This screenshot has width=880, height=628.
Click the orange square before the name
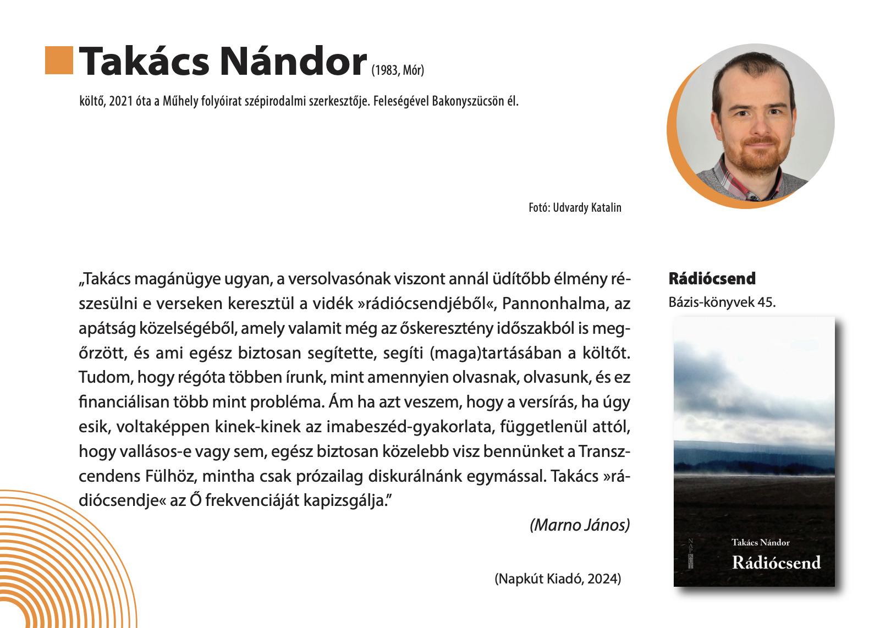tap(59, 60)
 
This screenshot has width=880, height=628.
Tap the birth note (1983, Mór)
tap(398, 70)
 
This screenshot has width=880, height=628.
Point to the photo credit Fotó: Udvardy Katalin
tap(575, 208)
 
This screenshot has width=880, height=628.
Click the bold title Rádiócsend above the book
tap(712, 279)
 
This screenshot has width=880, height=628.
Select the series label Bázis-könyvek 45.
tap(722, 302)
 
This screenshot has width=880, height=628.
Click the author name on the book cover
tap(760, 543)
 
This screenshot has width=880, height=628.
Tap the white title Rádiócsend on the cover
tap(776, 563)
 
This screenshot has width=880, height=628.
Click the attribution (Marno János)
tap(579, 525)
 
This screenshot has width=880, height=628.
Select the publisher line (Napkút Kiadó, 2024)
tap(558, 579)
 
